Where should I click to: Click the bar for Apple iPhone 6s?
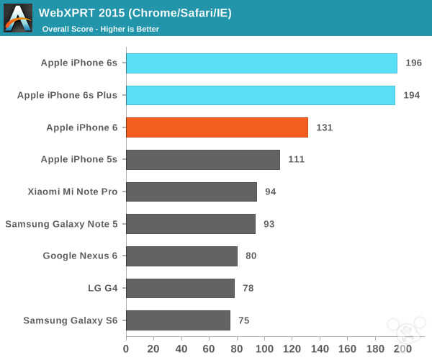point(261,63)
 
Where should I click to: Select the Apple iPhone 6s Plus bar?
point(260,95)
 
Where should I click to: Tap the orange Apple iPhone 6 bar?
point(217,127)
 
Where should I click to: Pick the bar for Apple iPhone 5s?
point(203,160)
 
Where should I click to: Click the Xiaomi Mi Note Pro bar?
point(192,192)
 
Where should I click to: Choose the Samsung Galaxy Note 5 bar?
point(191,224)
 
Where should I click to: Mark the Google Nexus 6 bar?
point(181,256)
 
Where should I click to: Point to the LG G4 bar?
point(180,288)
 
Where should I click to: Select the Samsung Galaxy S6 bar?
point(178,320)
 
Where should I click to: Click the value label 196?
point(413,63)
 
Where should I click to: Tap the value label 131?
point(324,127)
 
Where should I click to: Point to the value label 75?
point(244,320)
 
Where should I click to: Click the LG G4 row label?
point(102,288)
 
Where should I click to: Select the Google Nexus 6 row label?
point(80,256)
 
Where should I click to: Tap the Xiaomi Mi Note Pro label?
point(72,192)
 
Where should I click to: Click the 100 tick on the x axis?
point(264,349)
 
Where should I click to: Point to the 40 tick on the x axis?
point(181,349)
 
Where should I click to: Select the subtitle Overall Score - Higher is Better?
point(101,29)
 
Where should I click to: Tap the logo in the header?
point(18,18)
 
